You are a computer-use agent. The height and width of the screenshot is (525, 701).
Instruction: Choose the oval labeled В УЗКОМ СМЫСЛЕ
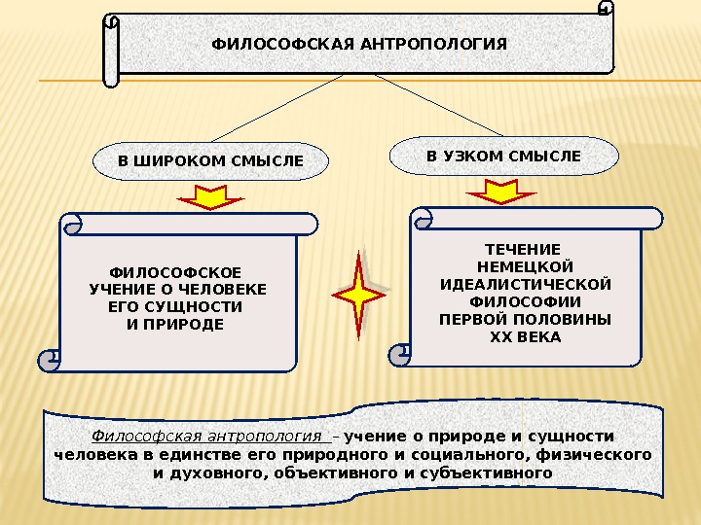503,156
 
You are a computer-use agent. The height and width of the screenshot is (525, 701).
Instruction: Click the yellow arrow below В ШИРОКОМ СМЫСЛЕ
211,198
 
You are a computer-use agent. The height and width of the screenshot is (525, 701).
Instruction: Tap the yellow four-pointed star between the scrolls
358,295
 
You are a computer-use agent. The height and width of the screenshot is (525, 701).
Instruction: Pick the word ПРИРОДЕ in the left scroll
184,323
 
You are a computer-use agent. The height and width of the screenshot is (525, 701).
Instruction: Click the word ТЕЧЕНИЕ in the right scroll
523,249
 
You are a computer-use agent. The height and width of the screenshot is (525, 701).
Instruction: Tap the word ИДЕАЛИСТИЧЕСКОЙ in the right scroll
526,284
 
